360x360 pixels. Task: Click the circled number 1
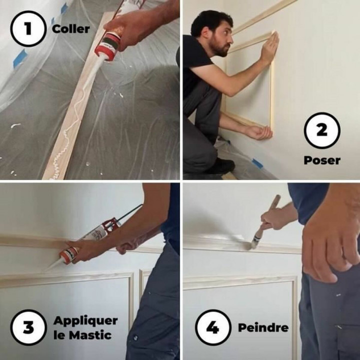[x=28, y=28]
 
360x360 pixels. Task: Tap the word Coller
[x=71, y=28]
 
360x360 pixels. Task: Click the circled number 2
[x=322, y=130]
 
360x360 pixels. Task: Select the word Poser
[x=322, y=160]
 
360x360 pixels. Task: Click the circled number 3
[x=28, y=327]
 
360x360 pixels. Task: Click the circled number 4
[x=212, y=327]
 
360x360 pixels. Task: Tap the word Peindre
[x=263, y=328]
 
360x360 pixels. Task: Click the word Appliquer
[x=85, y=320]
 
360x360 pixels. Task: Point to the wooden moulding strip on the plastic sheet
[x=75, y=125]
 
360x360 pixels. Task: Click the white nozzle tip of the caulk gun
[x=52, y=264]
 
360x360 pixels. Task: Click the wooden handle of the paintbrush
[x=273, y=205]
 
